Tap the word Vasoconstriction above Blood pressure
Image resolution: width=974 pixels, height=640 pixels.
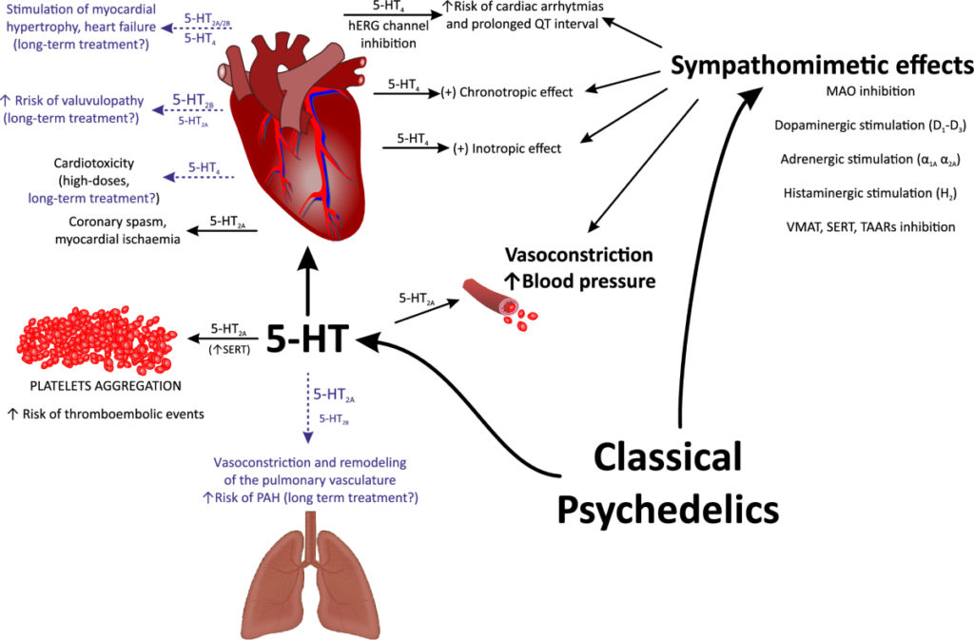(x=578, y=256)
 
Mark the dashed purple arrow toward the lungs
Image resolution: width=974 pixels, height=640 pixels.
(x=307, y=409)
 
